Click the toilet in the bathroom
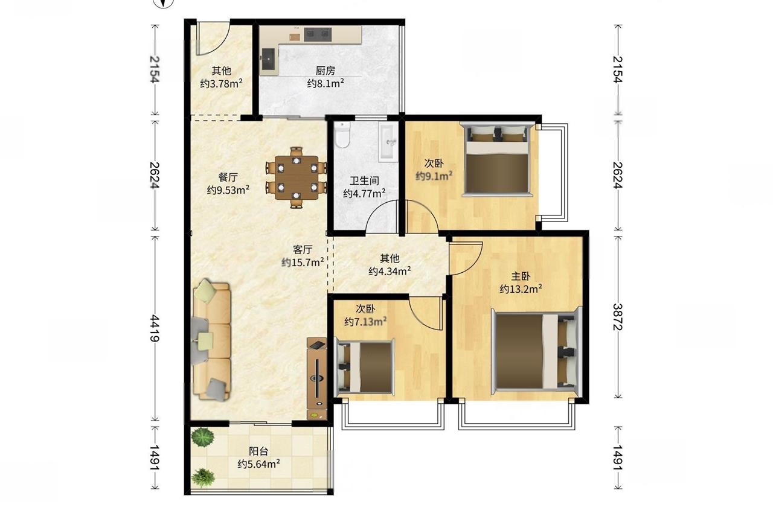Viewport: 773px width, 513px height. click(342, 135)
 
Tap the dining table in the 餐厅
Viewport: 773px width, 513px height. click(297, 177)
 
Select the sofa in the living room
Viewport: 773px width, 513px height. click(211, 340)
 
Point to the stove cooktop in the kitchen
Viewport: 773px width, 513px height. click(318, 34)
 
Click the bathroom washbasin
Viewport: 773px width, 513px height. click(388, 142)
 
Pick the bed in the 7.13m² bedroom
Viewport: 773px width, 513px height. click(365, 368)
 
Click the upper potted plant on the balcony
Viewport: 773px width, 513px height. click(203, 438)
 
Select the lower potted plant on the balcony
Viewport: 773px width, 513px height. click(203, 478)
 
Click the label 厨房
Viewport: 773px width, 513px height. click(325, 71)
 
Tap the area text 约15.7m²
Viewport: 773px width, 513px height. click(303, 263)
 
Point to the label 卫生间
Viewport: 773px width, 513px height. click(364, 180)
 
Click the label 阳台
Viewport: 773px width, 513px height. click(258, 451)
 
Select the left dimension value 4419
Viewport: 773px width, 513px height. click(155, 328)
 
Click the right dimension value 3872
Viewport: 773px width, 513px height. click(618, 317)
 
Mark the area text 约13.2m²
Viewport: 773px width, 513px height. click(521, 289)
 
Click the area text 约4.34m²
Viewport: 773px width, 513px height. click(390, 271)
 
